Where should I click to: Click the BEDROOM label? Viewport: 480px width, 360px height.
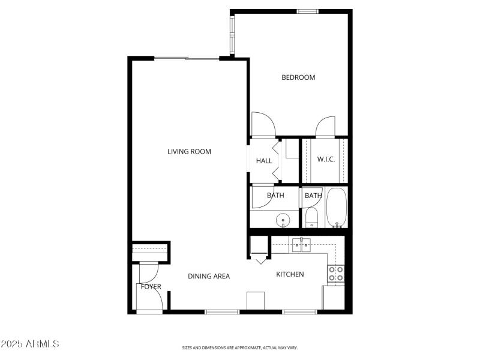click(298, 77)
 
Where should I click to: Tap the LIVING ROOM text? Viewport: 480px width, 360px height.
click(189, 152)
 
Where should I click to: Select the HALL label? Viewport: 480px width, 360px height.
click(264, 161)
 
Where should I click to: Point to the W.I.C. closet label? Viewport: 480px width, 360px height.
click(326, 159)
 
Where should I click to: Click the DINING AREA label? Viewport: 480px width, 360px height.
click(209, 277)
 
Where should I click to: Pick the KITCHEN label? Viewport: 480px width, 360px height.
click(290, 275)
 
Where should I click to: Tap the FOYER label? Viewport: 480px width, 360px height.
click(151, 287)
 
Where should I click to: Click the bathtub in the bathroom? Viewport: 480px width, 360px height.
click(337, 208)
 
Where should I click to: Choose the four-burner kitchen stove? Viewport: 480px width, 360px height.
click(335, 274)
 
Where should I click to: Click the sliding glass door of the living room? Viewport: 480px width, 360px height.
click(187, 58)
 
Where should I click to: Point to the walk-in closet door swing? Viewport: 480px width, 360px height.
click(325, 127)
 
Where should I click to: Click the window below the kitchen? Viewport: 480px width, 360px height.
click(299, 311)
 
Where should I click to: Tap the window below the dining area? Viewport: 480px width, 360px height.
click(222, 311)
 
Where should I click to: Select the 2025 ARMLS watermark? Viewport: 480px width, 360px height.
click(30, 344)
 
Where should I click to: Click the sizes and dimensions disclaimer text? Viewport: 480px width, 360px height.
click(240, 347)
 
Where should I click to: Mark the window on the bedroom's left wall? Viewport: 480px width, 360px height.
click(232, 34)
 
